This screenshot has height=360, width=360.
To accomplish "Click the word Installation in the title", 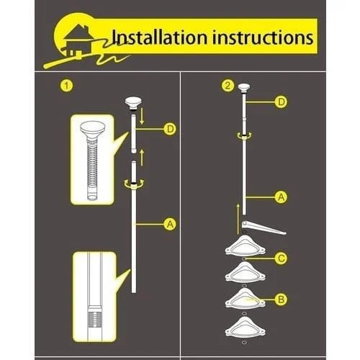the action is click(160, 37).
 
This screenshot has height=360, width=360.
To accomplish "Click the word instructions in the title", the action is click(263, 37).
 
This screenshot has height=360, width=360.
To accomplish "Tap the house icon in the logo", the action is click(78, 41).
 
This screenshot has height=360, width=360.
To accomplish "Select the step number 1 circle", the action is click(66, 86).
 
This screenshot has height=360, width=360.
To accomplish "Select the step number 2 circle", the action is click(228, 86).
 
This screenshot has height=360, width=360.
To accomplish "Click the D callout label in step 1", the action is click(170, 129).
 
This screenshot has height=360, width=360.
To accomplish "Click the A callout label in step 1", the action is click(170, 224).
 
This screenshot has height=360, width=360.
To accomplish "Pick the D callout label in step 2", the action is click(281, 102).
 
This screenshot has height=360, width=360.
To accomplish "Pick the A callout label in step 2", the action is click(281, 197).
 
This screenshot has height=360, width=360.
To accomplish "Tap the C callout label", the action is click(281, 258).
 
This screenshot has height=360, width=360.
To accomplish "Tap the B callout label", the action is click(281, 300).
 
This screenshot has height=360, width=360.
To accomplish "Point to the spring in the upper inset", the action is click(92, 166).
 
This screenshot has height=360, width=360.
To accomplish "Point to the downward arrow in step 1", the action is click(142, 116).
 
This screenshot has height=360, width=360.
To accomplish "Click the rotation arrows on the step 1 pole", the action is click(134, 184).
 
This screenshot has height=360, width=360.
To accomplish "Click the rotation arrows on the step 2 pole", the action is click(244, 136).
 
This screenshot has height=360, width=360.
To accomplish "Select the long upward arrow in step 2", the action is click(238, 219).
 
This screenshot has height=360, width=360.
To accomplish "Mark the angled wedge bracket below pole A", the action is click(263, 228).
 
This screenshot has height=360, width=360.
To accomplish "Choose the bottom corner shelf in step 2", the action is click(245, 327).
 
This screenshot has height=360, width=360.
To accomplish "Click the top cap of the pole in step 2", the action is click(244, 88).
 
